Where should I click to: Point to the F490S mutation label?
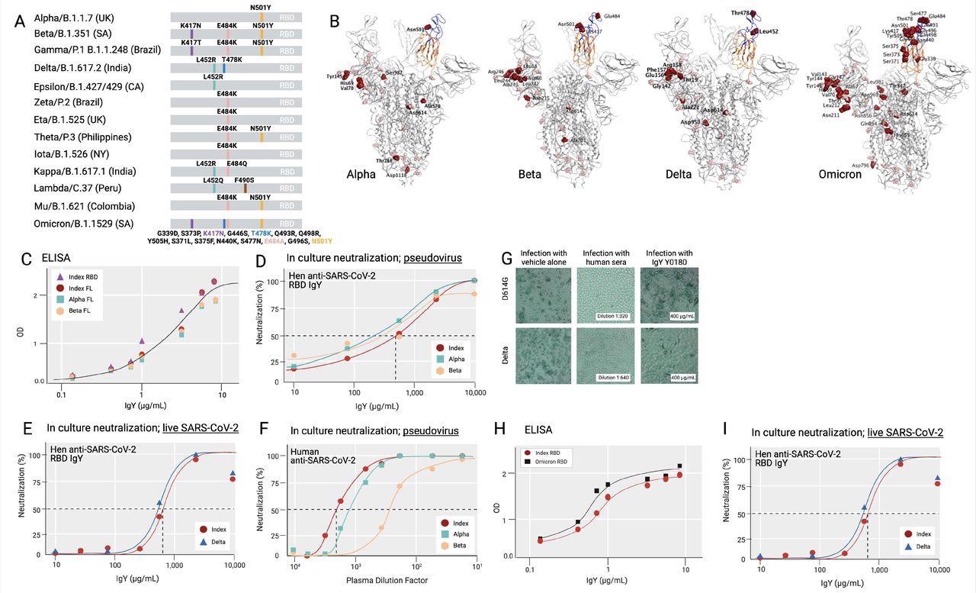[x=244, y=179]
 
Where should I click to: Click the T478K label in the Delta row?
[x=232, y=60]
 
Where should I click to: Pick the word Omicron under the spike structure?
[x=840, y=174]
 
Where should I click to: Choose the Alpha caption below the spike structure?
[x=361, y=174]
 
